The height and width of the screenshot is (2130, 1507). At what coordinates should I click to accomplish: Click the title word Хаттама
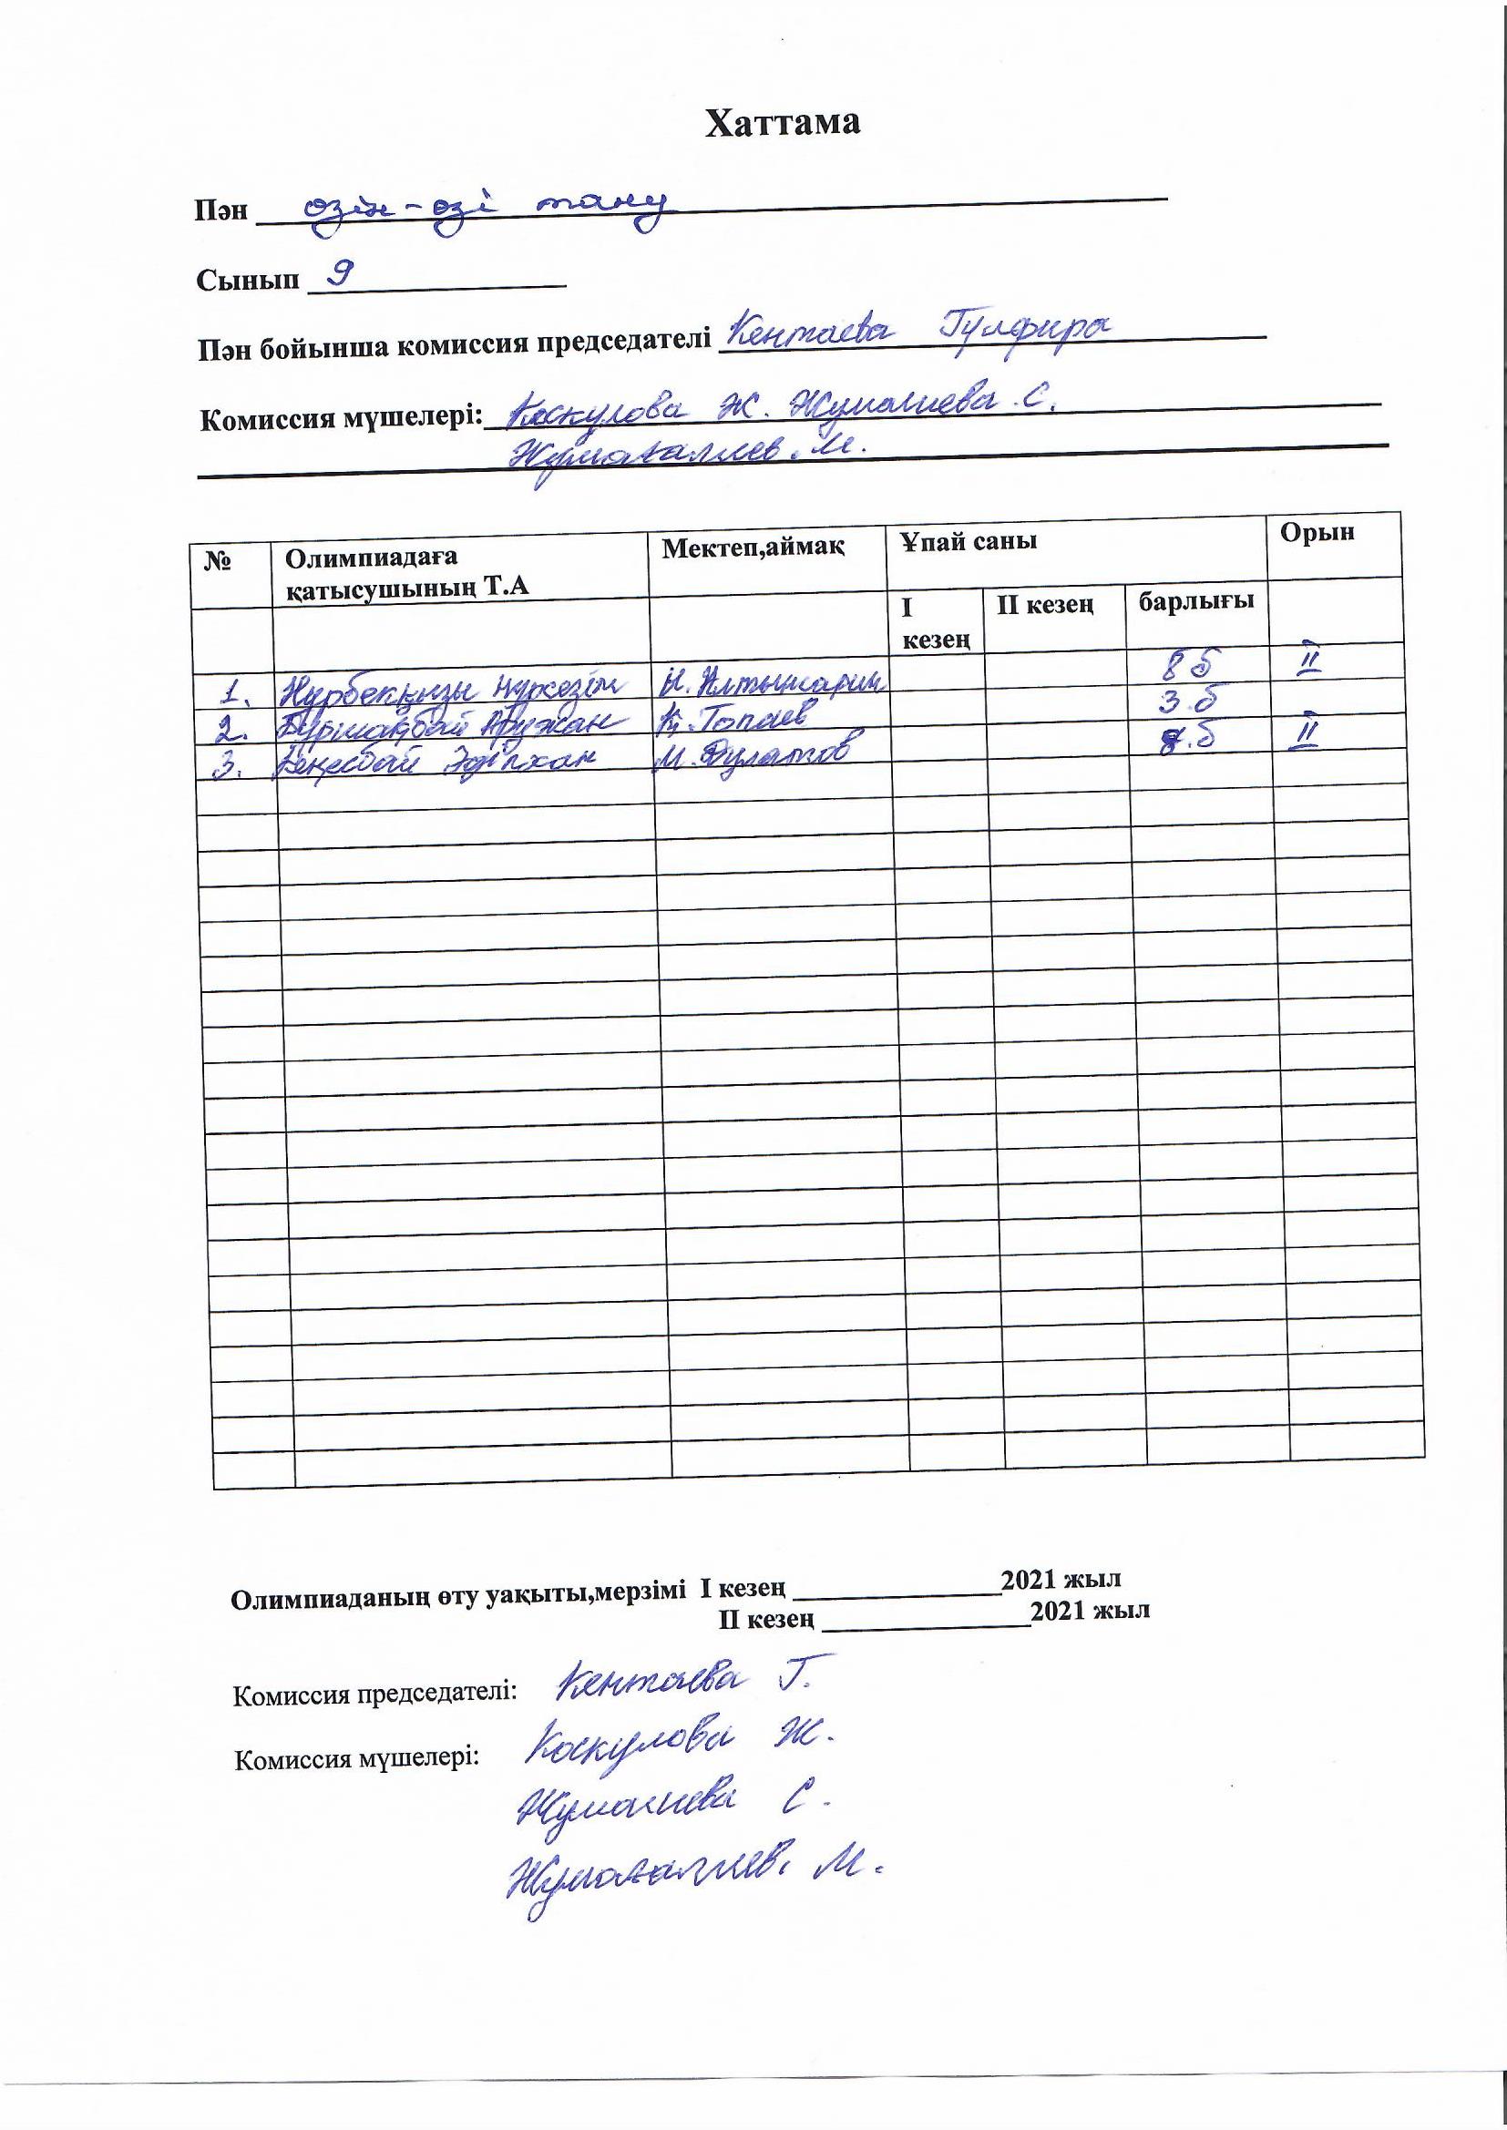tap(782, 123)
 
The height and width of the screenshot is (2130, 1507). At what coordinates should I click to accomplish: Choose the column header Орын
tap(1316, 532)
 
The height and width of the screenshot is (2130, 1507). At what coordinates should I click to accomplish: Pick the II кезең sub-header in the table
tap(1044, 606)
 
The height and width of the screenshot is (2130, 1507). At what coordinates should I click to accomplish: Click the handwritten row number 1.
tap(238, 691)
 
